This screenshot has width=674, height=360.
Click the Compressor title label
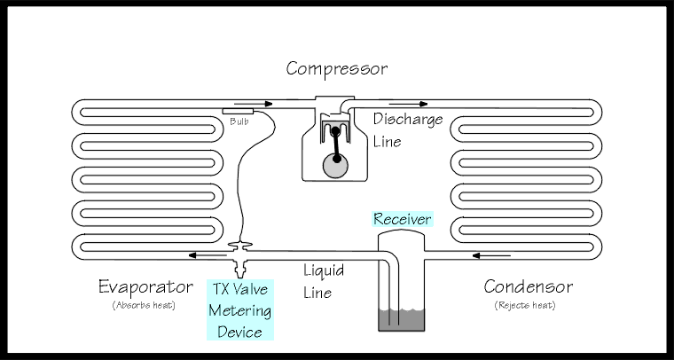point(336,68)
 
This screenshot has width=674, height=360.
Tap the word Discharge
point(408,119)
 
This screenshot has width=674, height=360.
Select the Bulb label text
point(238,121)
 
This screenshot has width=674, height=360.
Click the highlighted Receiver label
point(402,218)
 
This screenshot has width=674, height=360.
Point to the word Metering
point(240,310)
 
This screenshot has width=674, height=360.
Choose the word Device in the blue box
point(240,332)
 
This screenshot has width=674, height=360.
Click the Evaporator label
point(145,287)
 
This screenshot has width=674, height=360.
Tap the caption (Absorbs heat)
point(145,306)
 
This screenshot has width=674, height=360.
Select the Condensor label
point(529,287)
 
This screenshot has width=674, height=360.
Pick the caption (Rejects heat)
point(529,306)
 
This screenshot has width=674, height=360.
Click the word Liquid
point(324,270)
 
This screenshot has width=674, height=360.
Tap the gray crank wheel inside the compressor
point(334,165)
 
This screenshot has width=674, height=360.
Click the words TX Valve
point(240,289)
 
